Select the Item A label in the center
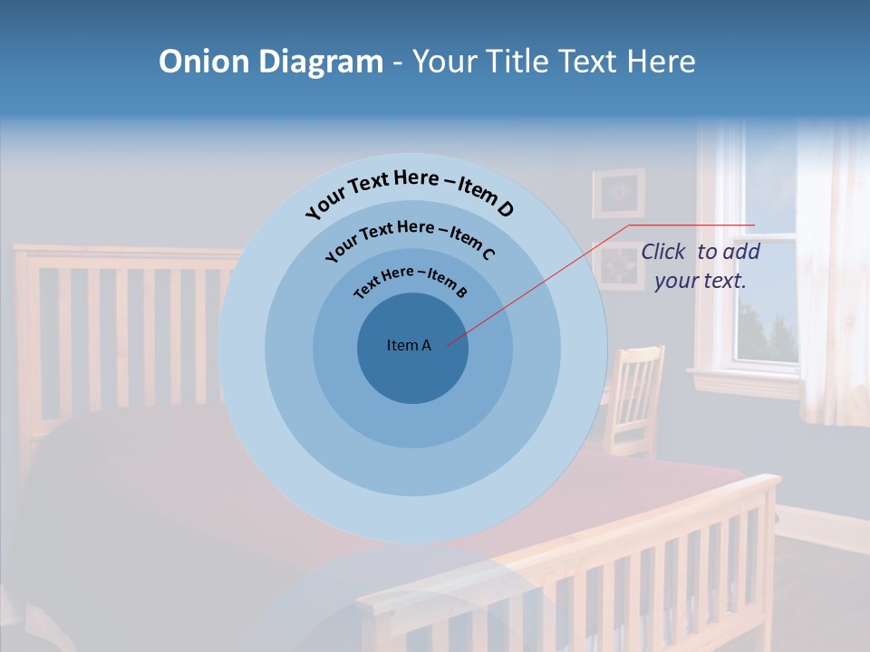pos(409,345)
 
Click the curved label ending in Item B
pos(411,281)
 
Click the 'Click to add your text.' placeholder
pos(701,266)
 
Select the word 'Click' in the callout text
pos(662,252)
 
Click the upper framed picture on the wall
pos(618,192)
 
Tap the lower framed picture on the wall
pos(618,266)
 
